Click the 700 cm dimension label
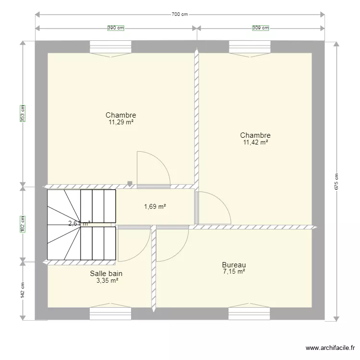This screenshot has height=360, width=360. [180, 14]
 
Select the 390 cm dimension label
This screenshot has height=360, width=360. [115, 28]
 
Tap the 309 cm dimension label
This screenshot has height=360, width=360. [261, 28]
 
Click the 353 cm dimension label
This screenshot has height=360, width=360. [22, 113]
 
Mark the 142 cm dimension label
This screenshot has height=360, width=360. [22, 290]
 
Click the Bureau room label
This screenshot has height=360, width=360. [234, 265]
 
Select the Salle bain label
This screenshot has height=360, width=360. [106, 274]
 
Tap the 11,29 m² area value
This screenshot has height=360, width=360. [121, 122]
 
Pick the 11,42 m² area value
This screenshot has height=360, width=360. [255, 143]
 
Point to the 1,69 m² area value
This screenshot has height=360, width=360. [155, 207]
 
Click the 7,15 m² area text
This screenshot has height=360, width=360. [234, 272]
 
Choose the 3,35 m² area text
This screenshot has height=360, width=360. [107, 281]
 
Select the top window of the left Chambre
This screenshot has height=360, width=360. [110, 47]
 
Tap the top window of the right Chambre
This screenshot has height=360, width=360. [250, 47]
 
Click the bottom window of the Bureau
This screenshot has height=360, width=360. [249, 314]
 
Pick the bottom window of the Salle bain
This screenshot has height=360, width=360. [110, 314]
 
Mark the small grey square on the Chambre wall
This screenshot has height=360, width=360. [130, 183]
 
